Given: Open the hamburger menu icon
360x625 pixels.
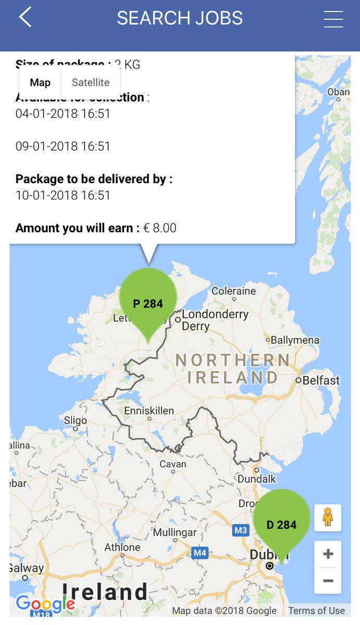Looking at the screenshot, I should (333, 19).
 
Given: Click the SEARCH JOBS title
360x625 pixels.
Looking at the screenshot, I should (180, 18).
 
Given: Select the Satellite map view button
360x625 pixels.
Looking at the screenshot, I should (91, 82).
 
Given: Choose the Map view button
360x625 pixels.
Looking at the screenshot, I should (40, 82).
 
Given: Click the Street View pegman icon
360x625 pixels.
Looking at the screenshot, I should (328, 517).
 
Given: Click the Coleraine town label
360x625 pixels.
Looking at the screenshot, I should (233, 291).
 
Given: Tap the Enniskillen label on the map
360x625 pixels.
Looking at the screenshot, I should (149, 411).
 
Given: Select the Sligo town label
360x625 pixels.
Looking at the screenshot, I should (76, 420).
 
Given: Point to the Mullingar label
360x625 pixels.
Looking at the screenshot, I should (175, 533).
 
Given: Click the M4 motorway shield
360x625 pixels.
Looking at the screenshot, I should (200, 553).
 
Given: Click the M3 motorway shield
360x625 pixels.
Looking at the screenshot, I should (241, 530).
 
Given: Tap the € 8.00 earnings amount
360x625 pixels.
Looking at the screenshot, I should (160, 228).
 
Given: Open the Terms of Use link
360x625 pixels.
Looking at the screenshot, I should (316, 610).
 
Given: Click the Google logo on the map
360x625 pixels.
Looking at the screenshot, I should (45, 604).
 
